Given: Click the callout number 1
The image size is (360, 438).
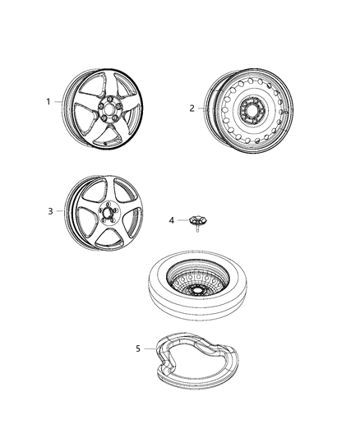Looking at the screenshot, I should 48,102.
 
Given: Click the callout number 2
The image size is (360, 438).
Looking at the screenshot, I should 192,108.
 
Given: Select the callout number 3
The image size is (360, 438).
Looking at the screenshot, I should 50,210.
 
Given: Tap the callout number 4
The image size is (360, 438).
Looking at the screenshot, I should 172,219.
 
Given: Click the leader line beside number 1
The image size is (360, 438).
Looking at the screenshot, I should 61,102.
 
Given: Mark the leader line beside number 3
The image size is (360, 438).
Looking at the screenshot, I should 62,210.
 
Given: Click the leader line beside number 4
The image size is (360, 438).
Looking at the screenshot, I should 182,219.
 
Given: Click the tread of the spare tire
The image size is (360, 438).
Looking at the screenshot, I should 164,308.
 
